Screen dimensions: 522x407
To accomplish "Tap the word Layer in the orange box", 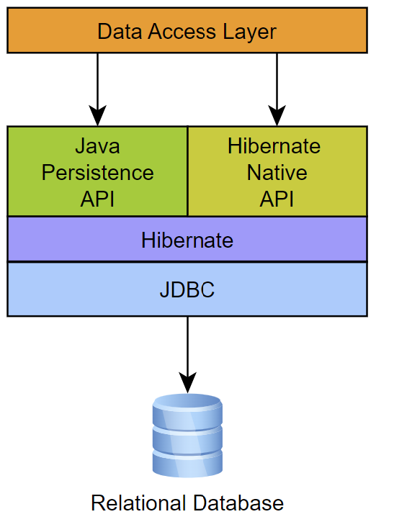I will click(249, 32).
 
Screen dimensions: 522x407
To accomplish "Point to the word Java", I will click(97, 146).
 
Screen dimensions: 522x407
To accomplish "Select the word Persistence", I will click(97, 173).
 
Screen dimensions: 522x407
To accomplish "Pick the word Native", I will click(277, 173).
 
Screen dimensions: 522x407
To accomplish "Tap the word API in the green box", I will click(97, 199).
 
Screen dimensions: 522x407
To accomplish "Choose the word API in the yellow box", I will click(277, 199).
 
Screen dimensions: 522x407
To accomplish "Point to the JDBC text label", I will click(187, 290).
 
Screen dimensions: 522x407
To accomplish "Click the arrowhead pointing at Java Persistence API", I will click(97, 115).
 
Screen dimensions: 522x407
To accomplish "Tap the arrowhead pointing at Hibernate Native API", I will click(277, 115).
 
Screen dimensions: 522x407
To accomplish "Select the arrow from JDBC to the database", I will click(187, 353).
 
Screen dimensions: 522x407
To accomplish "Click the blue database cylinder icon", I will click(187, 436).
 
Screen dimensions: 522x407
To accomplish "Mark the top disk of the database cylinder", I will click(187, 402).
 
